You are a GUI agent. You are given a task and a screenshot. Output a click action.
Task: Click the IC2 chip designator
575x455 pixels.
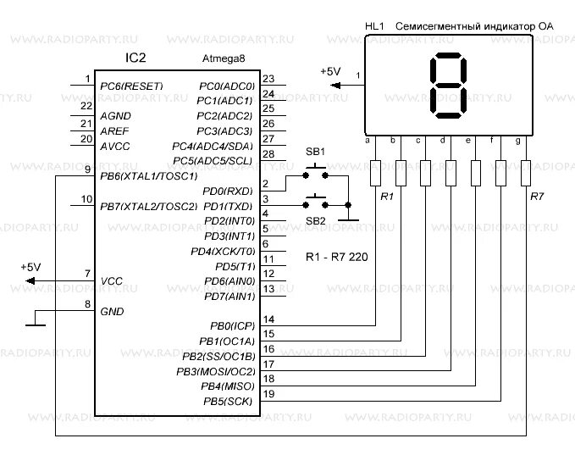pyautogui.click(x=135, y=58)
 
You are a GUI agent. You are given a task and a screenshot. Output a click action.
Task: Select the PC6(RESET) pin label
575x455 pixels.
pyautogui.click(x=130, y=86)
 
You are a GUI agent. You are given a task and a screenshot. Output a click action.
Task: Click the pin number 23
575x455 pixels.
pyautogui.click(x=269, y=80)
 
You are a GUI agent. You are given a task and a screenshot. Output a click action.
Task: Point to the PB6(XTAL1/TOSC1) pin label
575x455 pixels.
pyautogui.click(x=148, y=176)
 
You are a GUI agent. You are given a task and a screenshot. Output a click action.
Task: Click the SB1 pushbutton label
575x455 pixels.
pyautogui.click(x=315, y=151)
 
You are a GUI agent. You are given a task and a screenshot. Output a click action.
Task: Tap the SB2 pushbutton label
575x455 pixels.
pyautogui.click(x=315, y=220)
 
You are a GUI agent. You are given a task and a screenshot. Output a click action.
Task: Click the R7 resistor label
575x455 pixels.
pyautogui.click(x=536, y=196)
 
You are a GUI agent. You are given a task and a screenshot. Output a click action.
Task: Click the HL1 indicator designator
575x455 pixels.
pyautogui.click(x=373, y=27)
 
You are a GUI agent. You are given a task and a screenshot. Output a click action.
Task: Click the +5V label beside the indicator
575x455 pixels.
pyautogui.click(x=330, y=72)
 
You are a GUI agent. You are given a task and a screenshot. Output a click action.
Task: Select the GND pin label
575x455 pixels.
pyautogui.click(x=112, y=311)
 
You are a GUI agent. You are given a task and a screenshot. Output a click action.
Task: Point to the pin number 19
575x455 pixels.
pyautogui.click(x=269, y=394)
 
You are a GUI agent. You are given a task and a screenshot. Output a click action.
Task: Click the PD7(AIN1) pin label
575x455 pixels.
pyautogui.click(x=229, y=297)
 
